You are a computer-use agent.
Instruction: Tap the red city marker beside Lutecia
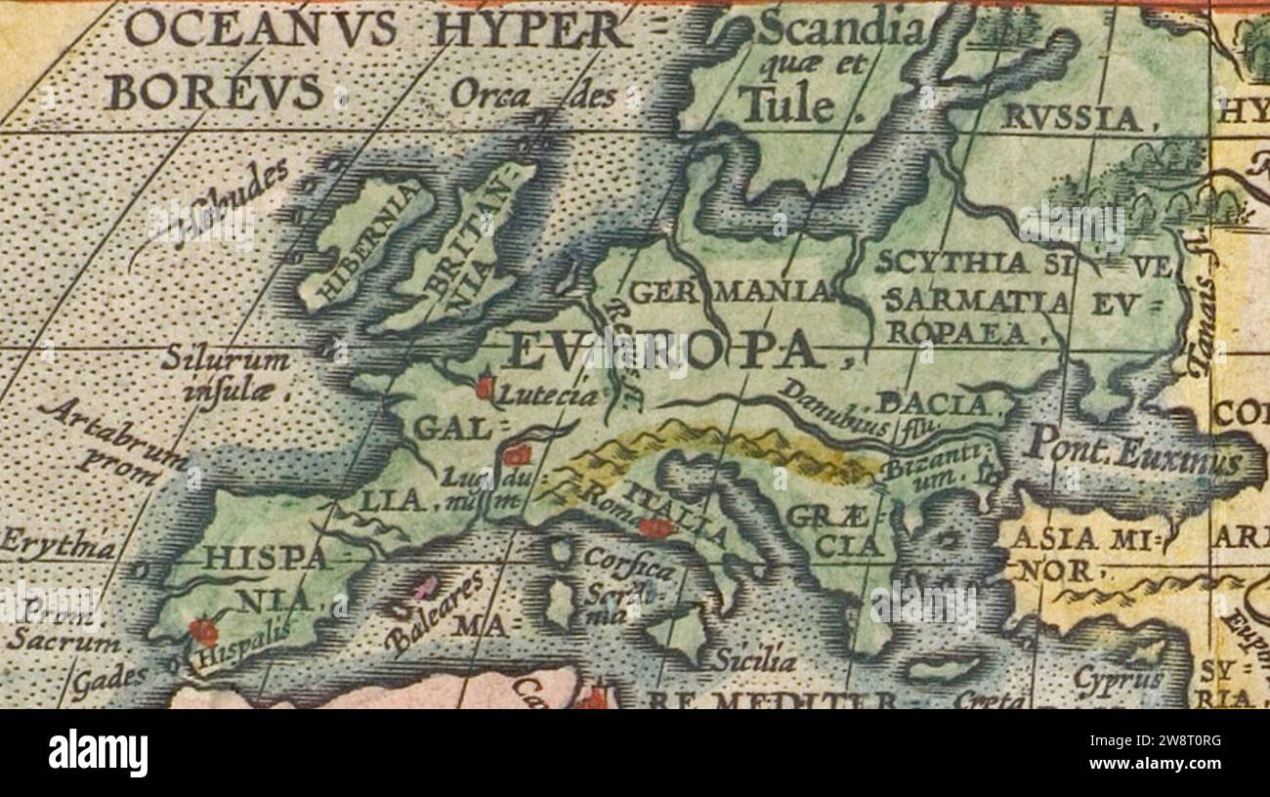485,388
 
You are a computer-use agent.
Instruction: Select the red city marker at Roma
655,528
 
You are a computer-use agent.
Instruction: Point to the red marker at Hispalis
203,632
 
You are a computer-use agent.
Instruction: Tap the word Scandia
840,30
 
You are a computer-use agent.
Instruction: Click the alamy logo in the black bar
98,753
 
